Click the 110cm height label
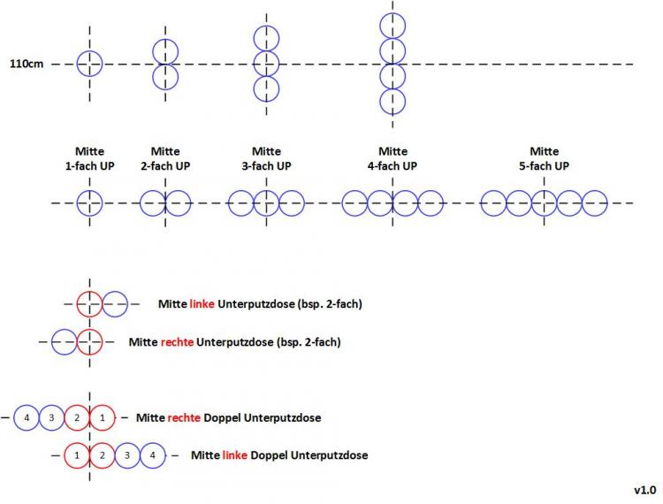pyautogui.click(x=27, y=65)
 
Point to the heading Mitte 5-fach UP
pyautogui.click(x=544, y=158)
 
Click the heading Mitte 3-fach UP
pyautogui.click(x=266, y=158)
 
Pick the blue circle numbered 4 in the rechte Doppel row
pyautogui.click(x=27, y=416)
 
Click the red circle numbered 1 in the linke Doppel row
pyautogui.click(x=77, y=454)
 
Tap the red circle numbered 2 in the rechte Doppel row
pyautogui.click(x=77, y=416)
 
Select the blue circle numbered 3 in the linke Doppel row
pyautogui.click(x=127, y=454)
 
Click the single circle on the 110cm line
pyautogui.click(x=89, y=64)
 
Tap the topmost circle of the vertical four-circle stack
pyautogui.click(x=392, y=26)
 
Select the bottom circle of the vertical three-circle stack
pyautogui.click(x=266, y=88)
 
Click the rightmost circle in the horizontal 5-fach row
pyautogui.click(x=594, y=203)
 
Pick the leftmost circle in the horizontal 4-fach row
pyautogui.click(x=355, y=203)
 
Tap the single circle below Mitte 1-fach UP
pyautogui.click(x=89, y=203)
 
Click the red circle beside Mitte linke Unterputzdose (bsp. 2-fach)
pyautogui.click(x=89, y=304)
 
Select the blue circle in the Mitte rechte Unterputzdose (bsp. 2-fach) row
pyautogui.click(x=65, y=340)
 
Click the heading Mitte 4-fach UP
pyautogui.click(x=392, y=158)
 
